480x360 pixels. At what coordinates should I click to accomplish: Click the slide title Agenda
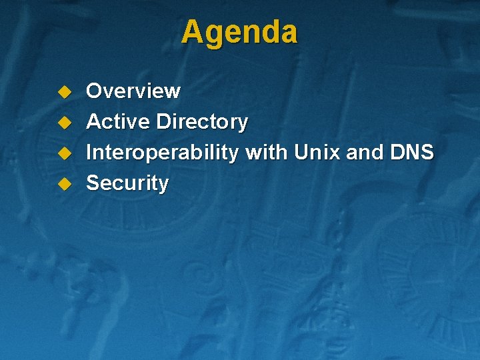click(239, 31)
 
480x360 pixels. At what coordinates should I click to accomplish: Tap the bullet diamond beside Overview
click(64, 91)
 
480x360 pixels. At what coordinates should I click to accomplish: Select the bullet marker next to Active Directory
click(64, 122)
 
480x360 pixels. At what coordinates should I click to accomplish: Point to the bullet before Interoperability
click(64, 153)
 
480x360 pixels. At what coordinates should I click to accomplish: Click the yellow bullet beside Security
click(64, 183)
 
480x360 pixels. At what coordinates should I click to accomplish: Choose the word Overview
click(133, 91)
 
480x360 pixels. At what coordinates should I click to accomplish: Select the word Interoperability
click(162, 153)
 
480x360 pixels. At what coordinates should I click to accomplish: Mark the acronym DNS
click(413, 153)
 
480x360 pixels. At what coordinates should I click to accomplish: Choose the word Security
click(127, 183)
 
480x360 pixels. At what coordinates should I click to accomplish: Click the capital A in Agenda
click(192, 32)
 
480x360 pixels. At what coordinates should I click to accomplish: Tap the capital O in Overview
click(95, 91)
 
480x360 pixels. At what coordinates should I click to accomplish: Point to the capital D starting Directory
click(163, 122)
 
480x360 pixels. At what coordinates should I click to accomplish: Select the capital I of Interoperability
click(90, 153)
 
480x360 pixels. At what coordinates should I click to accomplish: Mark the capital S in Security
click(94, 183)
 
